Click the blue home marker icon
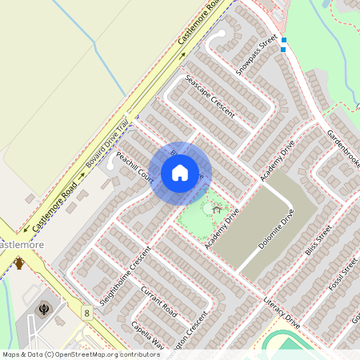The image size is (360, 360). [x=180, y=172]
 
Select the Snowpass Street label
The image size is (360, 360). [x=256, y=54]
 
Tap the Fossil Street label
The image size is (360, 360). [x=345, y=273]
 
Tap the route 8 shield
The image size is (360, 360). [x=86, y=311]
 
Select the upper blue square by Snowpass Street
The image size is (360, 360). [x=283, y=40]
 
